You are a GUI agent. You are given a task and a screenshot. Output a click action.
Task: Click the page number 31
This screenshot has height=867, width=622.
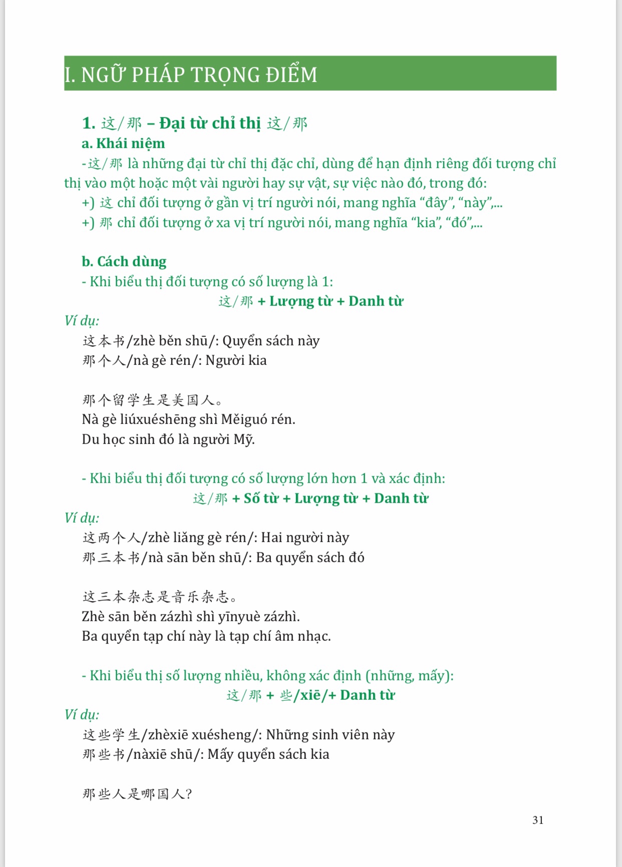(x=538, y=820)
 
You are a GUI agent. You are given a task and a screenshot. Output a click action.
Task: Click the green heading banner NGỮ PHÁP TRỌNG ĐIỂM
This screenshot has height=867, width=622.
(x=310, y=74)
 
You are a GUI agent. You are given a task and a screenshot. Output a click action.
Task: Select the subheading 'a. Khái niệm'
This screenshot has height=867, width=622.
(x=123, y=144)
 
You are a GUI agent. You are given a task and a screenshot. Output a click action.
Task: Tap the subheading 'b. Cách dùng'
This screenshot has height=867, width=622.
(x=124, y=262)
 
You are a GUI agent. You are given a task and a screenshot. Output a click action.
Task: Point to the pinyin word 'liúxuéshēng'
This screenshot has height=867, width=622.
(x=159, y=419)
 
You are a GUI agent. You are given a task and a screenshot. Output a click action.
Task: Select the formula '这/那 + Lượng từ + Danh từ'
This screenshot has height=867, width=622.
(x=310, y=301)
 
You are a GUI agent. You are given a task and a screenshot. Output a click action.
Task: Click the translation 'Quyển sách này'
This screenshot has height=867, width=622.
(x=271, y=341)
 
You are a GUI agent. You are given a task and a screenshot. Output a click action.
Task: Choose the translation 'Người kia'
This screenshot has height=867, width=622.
(x=236, y=360)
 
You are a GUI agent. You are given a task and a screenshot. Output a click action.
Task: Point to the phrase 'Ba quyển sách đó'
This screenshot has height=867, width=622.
(x=310, y=558)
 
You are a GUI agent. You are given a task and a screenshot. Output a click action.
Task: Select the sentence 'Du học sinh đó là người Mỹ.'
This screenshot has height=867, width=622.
(x=168, y=440)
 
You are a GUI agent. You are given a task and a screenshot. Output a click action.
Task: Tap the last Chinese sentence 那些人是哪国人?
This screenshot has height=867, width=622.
(x=137, y=794)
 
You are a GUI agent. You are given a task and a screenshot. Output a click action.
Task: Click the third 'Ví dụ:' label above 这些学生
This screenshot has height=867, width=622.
(x=82, y=715)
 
